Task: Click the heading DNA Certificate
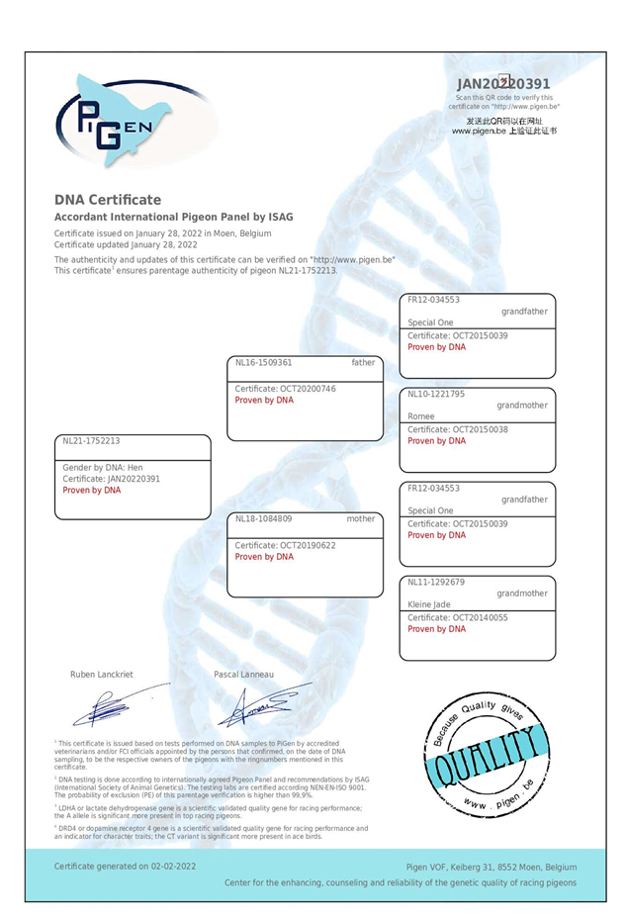click(107, 200)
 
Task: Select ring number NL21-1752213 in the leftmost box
click(91, 441)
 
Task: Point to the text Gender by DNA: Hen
click(103, 468)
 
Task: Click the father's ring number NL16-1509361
click(264, 363)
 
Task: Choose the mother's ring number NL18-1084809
click(264, 518)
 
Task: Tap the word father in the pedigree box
click(363, 363)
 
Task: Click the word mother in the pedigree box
click(361, 518)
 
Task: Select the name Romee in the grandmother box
click(422, 417)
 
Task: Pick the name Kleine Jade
click(429, 604)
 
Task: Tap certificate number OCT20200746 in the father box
click(286, 389)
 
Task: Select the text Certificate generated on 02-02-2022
click(125, 866)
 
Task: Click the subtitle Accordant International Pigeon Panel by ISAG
click(173, 217)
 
